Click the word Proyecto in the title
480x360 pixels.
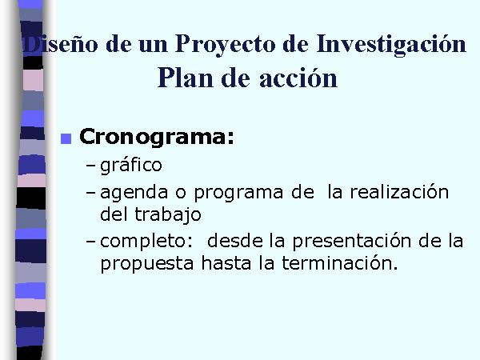pyautogui.click(x=226, y=45)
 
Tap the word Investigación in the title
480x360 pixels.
pyautogui.click(x=391, y=45)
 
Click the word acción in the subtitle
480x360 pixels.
pyautogui.click(x=298, y=78)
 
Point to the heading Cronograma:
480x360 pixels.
pyautogui.click(x=157, y=137)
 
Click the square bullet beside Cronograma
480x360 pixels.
pyautogui.click(x=66, y=138)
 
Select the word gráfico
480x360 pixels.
pyautogui.click(x=131, y=166)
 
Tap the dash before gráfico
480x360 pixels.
pyautogui.click(x=91, y=166)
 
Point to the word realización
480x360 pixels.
pyautogui.click(x=399, y=192)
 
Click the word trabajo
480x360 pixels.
pyautogui.click(x=168, y=215)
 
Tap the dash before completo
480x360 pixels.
pyautogui.click(x=91, y=242)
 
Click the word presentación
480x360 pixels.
pyautogui.click(x=352, y=242)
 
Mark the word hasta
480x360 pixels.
pyautogui.click(x=226, y=262)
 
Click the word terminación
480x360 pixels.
pyautogui.click(x=340, y=262)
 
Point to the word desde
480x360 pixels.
pyautogui.click(x=235, y=241)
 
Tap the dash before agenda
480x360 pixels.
pyautogui.click(x=91, y=193)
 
